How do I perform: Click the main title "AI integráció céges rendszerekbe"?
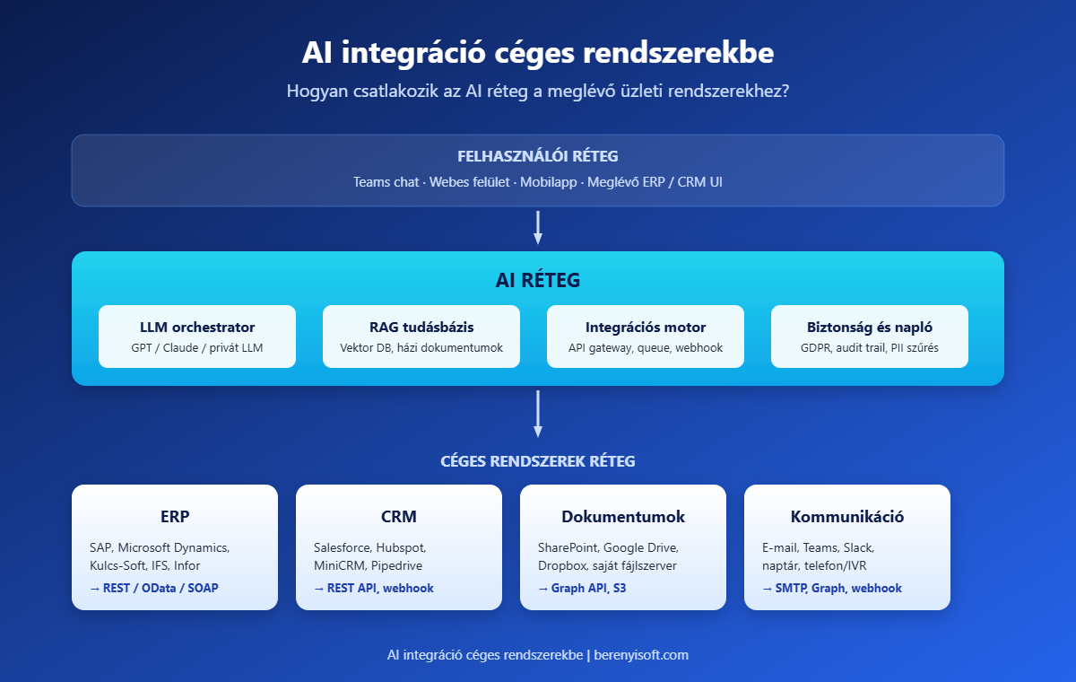(x=538, y=52)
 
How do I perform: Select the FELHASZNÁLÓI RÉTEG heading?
(x=538, y=156)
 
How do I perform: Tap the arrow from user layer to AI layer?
(x=538, y=228)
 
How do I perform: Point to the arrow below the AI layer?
(x=538, y=414)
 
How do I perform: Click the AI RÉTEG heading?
(x=538, y=281)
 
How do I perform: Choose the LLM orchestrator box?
(x=197, y=337)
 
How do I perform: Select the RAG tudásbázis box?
(x=421, y=337)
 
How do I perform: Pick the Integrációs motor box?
(x=646, y=337)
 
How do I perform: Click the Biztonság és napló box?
(x=870, y=337)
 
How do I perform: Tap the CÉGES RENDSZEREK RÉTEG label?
(x=538, y=461)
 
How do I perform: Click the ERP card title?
(x=175, y=517)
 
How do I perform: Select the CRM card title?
(x=399, y=517)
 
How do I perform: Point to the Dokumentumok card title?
(x=623, y=517)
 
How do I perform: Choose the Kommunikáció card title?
(x=847, y=517)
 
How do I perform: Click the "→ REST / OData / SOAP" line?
(x=153, y=589)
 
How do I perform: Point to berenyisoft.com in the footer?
(x=641, y=655)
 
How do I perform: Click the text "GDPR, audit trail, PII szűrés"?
(x=870, y=348)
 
